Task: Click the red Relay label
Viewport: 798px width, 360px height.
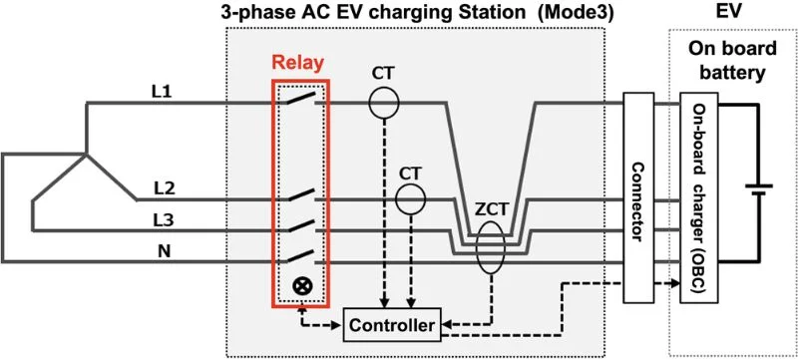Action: coord(299,63)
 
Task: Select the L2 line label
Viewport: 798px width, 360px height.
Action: coord(167,186)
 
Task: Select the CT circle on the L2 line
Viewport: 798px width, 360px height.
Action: coord(410,199)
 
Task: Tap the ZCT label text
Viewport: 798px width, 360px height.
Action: coord(489,211)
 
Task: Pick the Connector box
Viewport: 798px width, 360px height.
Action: coord(637,197)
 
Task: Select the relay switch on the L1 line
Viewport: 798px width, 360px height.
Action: coord(300,101)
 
